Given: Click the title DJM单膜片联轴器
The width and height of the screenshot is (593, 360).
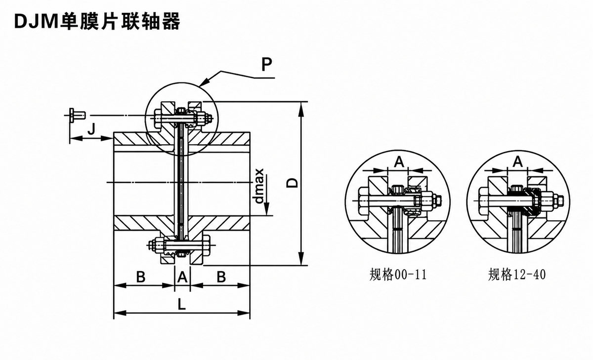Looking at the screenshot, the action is click(97, 21).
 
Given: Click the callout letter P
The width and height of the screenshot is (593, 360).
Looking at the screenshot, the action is click(266, 65).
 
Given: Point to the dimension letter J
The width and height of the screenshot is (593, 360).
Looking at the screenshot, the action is click(91, 129).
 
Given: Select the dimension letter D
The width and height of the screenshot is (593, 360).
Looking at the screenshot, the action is click(292, 183).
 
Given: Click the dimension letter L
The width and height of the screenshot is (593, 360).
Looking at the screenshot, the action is click(182, 304).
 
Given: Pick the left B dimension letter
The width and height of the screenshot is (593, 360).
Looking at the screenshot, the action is click(141, 277).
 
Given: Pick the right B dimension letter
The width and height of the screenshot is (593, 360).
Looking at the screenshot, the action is click(221, 277).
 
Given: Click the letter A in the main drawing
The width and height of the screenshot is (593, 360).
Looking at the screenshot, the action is click(182, 277).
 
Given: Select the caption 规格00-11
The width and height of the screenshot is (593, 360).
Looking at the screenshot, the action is click(398, 275).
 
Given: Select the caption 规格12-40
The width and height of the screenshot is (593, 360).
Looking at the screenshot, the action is click(517, 275).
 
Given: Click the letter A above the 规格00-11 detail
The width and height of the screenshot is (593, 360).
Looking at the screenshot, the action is click(399, 162).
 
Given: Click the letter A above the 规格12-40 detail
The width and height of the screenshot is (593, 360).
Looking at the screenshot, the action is click(518, 162).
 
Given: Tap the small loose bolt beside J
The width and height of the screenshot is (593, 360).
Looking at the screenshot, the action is click(78, 116).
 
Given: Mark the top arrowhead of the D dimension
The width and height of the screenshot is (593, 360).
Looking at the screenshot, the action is click(301, 109).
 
